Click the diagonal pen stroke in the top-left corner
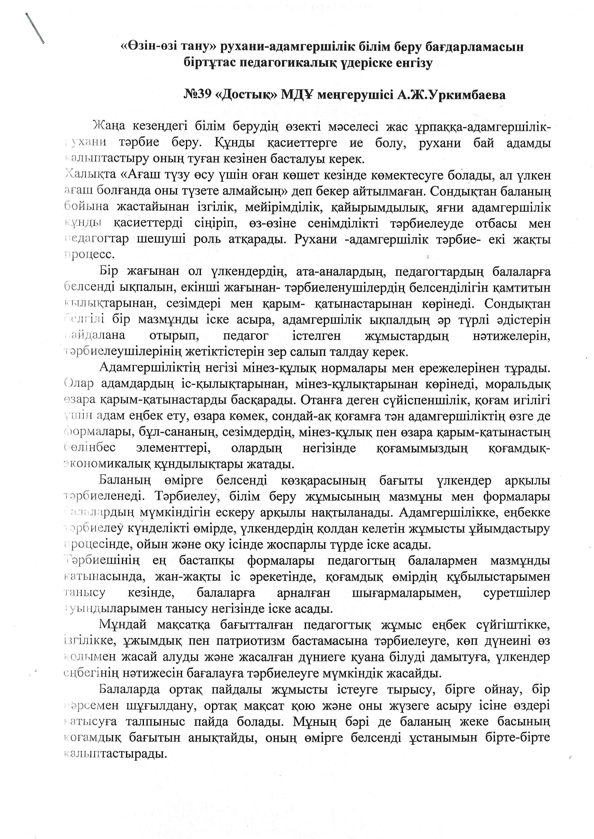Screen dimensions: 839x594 [x=35, y=29]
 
